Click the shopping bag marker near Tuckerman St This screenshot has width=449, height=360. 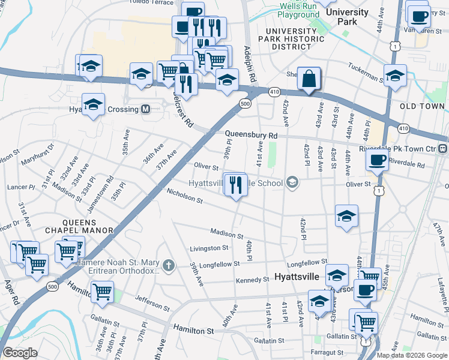point(309,79)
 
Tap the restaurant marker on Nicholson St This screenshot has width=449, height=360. point(237,185)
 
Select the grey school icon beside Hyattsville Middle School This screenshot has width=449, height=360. point(292,183)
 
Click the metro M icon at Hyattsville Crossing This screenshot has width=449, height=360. point(145,109)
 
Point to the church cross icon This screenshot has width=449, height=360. point(169,265)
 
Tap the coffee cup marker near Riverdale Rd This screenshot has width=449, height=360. point(378,160)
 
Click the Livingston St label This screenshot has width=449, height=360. point(209,247)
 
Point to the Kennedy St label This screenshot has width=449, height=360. point(253,280)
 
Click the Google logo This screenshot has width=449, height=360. point(20,353)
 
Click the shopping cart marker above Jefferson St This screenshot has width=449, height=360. point(103,292)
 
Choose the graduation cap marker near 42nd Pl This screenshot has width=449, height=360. point(346,217)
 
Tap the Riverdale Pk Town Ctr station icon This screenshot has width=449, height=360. point(442,148)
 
